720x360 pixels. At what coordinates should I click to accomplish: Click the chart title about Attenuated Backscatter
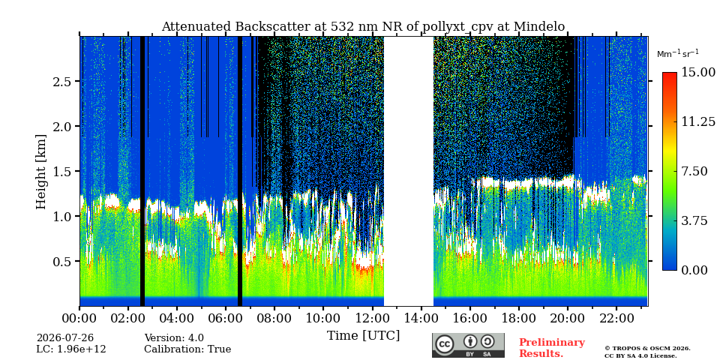(363, 27)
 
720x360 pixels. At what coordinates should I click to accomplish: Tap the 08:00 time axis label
(274, 318)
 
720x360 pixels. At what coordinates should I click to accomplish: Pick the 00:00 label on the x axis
(79, 318)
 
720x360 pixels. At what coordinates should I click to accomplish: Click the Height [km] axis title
(41, 172)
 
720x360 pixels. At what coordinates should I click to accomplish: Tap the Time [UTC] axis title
(363, 335)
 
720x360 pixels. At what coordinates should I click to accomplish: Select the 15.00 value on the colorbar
(698, 73)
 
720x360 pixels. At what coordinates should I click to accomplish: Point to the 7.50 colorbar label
(695, 171)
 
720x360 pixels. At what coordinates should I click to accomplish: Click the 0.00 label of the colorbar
(695, 270)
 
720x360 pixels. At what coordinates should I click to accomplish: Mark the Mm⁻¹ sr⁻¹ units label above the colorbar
(678, 54)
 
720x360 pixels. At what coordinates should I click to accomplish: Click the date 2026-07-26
(64, 338)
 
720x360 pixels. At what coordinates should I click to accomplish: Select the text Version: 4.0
(174, 338)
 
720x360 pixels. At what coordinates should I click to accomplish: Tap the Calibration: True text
(187, 349)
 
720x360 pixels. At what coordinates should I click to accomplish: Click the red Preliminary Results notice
(552, 348)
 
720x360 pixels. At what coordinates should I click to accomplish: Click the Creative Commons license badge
(468, 345)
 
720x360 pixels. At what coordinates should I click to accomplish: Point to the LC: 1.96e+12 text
(71, 349)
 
